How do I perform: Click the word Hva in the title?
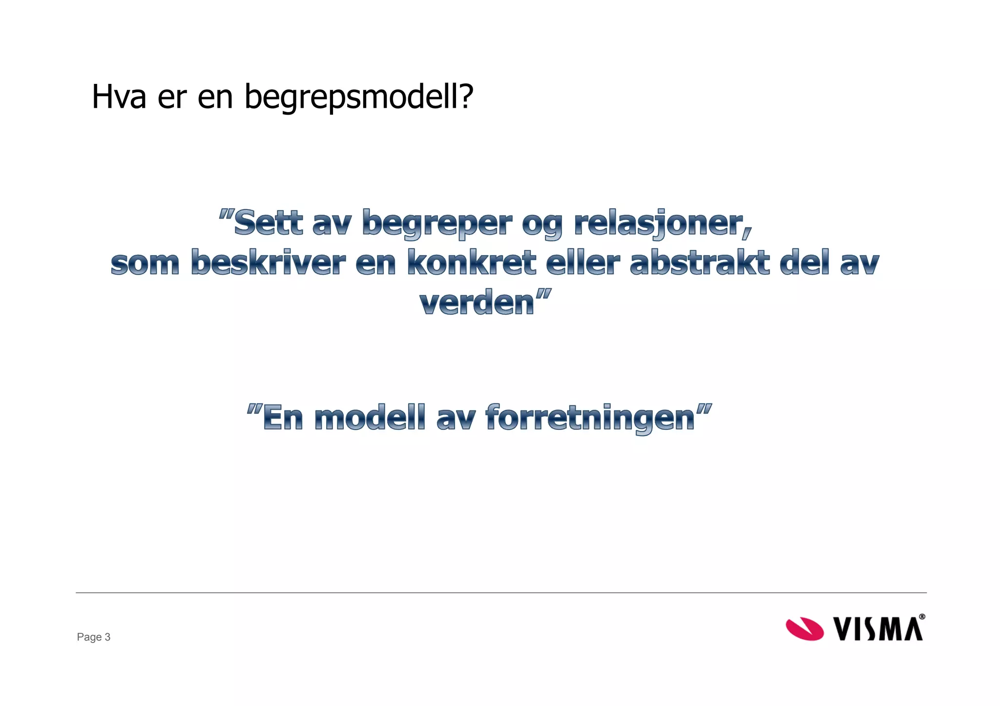pos(119,97)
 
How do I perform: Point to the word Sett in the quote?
pos(269,223)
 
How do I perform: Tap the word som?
pos(145,263)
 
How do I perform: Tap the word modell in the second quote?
pos(370,418)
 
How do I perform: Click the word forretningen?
pos(590,419)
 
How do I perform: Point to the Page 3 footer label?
pos(94,637)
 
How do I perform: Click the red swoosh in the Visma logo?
pos(804,628)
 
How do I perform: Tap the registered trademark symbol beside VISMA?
pos(922,617)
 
